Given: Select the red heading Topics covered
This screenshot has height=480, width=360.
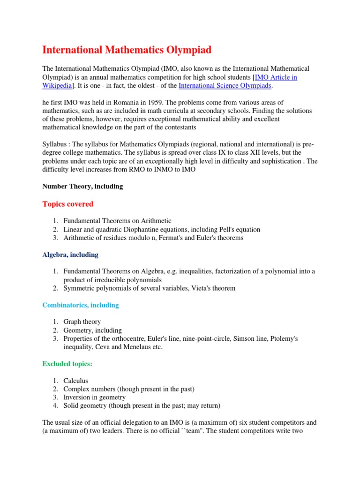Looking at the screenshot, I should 68,204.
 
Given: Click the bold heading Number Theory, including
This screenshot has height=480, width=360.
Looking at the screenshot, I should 82,186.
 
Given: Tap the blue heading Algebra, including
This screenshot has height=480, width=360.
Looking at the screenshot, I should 70,255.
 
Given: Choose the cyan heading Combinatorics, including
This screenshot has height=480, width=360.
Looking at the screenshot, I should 81,305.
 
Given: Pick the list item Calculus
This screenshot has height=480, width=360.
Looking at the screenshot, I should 76,381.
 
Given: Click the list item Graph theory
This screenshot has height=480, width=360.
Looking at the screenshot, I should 82,322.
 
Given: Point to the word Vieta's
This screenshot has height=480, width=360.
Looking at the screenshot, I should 196,288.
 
